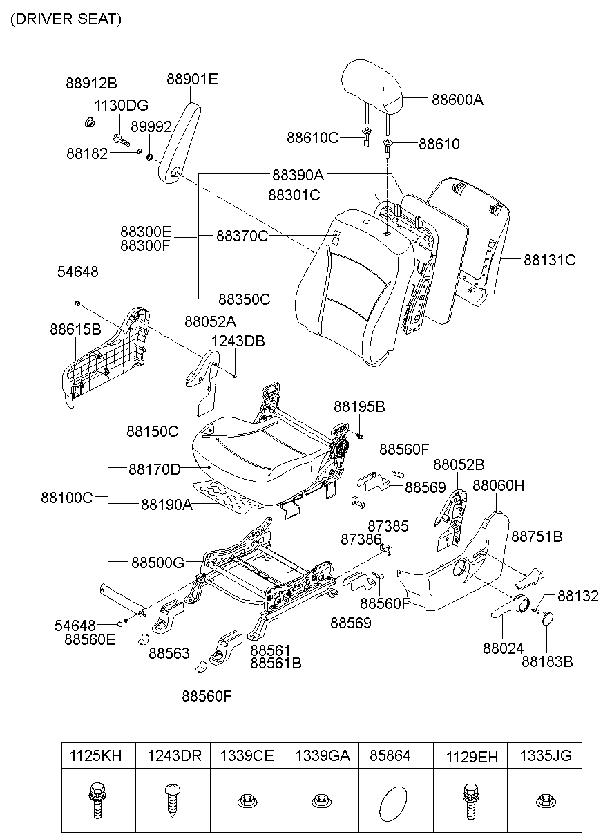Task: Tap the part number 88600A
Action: (457, 100)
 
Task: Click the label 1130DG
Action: (122, 106)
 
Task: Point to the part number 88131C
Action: (549, 261)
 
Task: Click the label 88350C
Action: (244, 299)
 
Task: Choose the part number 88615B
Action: (75, 329)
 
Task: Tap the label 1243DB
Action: (238, 341)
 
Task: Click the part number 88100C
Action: (66, 497)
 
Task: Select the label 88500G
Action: (157, 563)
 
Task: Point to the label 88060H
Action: (498, 486)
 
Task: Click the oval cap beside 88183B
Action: (548, 619)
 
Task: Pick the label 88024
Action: (504, 648)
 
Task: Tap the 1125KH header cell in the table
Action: (96, 756)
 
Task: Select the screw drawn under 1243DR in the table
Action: (171, 800)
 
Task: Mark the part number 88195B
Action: (359, 407)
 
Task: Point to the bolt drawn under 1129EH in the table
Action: (470, 800)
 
